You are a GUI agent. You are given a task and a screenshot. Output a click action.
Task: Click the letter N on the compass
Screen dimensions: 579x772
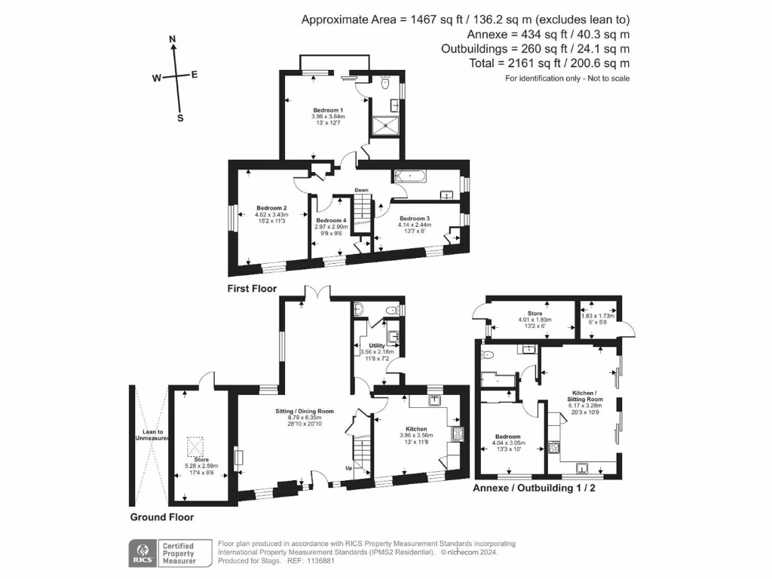coord(173,38)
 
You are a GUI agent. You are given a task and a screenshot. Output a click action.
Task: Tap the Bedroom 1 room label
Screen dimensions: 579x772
coord(327,110)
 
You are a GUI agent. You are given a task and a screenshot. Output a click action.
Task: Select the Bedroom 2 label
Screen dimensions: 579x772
coord(271,208)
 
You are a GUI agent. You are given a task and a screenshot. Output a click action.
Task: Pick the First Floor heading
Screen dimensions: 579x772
coord(252,289)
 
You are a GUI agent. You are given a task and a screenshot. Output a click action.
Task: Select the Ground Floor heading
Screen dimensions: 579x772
coord(162,517)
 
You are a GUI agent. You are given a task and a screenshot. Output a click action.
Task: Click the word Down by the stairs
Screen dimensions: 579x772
coord(362,190)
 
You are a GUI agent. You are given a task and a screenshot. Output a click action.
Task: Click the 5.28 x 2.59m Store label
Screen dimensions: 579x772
coord(201,459)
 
